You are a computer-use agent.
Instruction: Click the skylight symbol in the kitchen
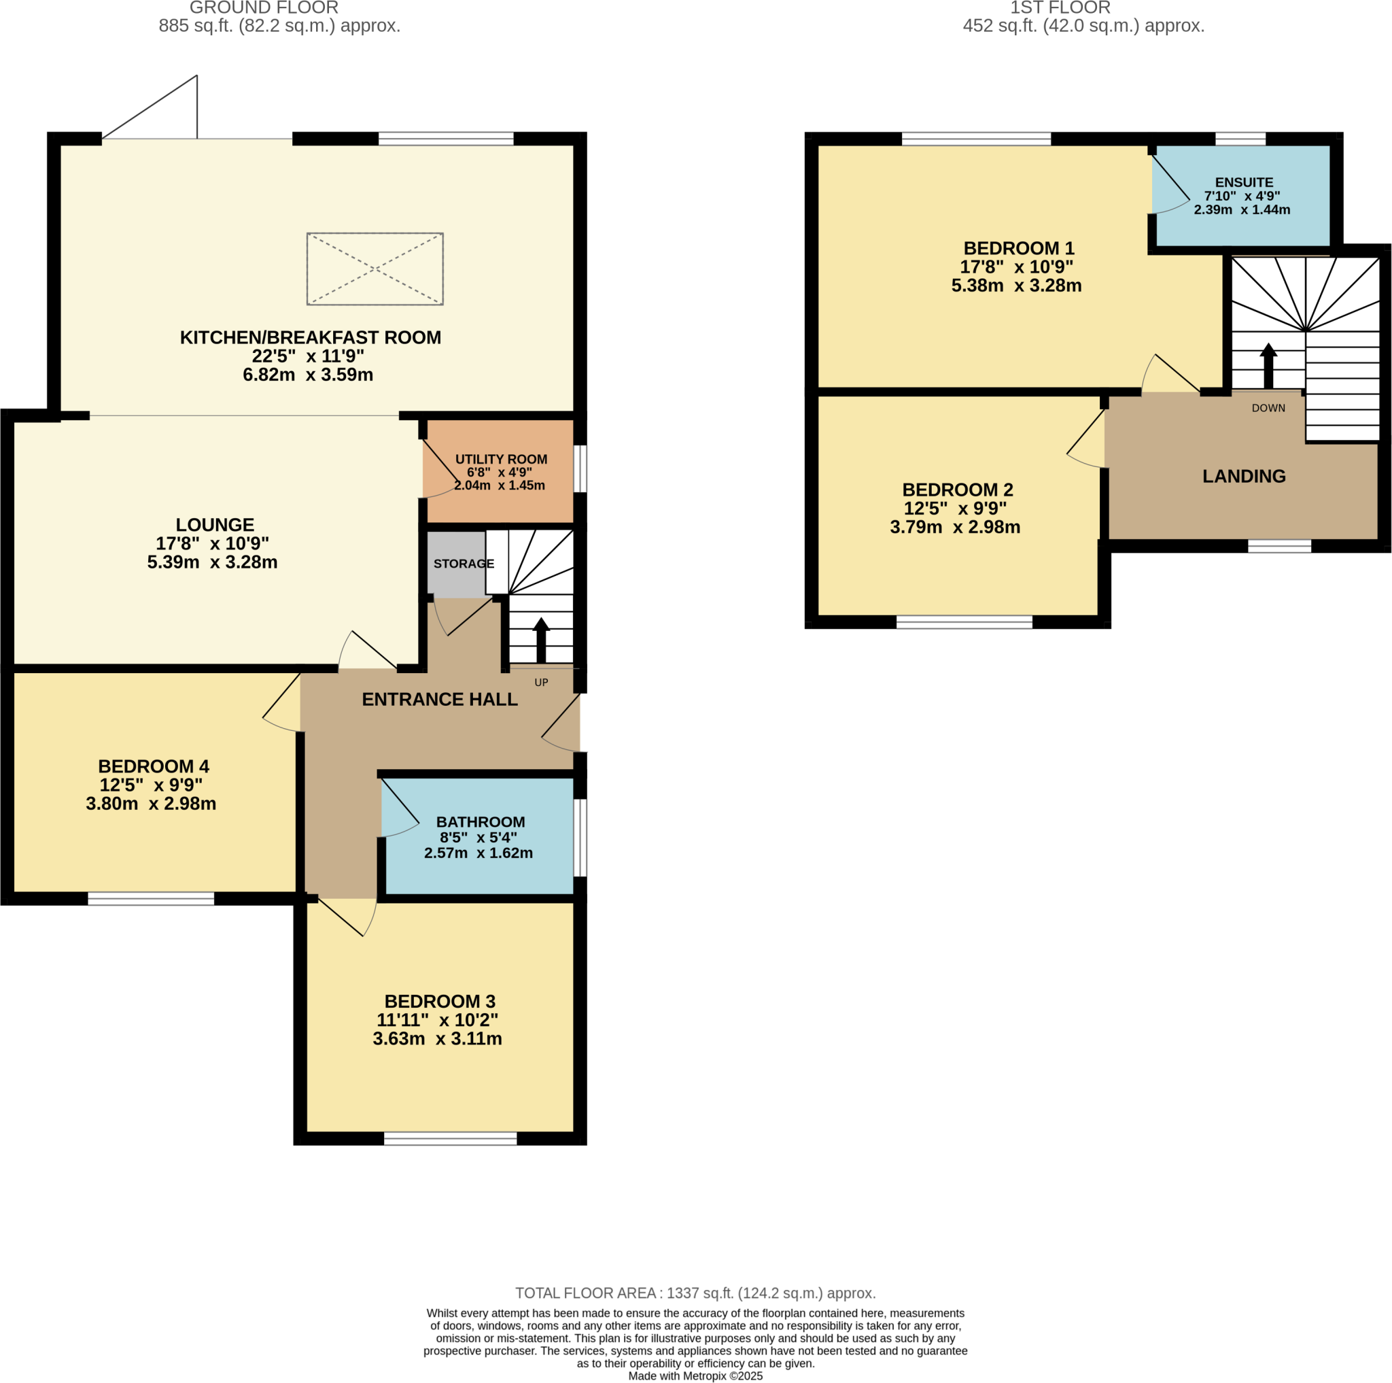375,269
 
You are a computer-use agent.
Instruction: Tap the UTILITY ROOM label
501,459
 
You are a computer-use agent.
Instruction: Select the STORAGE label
464,564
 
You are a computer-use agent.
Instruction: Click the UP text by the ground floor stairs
541,683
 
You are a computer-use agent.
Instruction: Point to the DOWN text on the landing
1268,408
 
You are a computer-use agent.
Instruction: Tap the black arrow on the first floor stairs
1268,365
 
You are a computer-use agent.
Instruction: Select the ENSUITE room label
1244,182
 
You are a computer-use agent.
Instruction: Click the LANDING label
1244,476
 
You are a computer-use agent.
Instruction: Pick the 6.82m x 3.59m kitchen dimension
308,375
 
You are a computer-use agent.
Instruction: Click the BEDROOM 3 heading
440,1001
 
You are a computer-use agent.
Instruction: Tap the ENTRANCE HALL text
440,699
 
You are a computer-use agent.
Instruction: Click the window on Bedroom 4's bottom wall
152,899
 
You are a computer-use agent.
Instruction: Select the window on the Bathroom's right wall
580,837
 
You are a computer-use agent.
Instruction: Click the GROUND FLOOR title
264,8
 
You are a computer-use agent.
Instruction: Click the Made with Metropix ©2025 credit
695,1376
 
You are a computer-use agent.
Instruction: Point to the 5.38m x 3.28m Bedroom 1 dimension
1016,286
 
